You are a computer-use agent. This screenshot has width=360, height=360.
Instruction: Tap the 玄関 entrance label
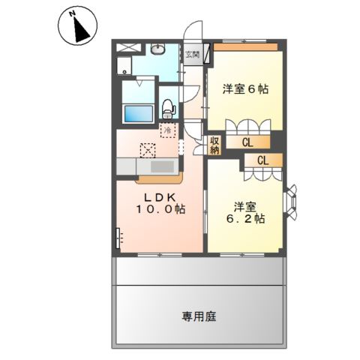[193, 54]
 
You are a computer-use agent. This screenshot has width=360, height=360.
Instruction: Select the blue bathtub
[138, 112]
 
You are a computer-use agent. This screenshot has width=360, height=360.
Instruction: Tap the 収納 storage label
[214, 144]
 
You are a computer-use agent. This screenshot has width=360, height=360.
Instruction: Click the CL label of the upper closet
[247, 140]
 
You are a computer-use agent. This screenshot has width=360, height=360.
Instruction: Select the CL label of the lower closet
[263, 160]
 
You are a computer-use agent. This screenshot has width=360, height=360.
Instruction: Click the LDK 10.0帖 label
[160, 202]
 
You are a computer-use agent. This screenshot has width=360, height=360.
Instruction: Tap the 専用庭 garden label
[198, 316]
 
